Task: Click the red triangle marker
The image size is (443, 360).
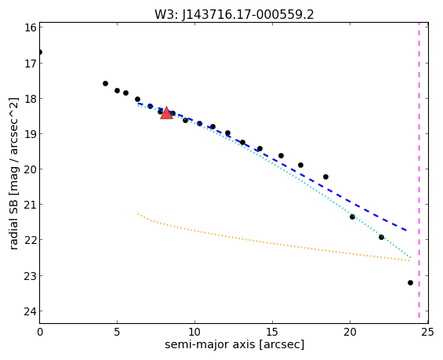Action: coord(166,113)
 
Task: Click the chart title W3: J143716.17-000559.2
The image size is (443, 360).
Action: coord(234,14)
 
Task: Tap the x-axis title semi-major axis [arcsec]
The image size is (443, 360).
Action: coord(234,344)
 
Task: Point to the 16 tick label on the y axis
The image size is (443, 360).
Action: coord(31,27)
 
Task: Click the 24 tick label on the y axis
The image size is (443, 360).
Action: coord(31,311)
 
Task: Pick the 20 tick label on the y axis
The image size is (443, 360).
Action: coord(31,169)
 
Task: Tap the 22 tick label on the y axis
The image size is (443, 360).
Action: coord(31,240)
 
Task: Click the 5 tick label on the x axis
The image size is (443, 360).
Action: coord(117,332)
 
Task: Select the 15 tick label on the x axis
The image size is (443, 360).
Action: coord(272,332)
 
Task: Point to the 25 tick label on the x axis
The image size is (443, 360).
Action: coord(427,332)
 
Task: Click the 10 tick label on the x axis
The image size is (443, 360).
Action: coord(194,332)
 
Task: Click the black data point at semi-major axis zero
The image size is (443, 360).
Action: coord(40,52)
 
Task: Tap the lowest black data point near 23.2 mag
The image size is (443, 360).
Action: coord(410,282)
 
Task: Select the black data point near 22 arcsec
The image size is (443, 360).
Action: coord(381,237)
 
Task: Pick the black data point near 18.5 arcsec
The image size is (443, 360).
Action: coord(325,177)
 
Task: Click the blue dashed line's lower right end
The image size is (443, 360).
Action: coord(406,231)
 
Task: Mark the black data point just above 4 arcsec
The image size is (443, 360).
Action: coord(105,83)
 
